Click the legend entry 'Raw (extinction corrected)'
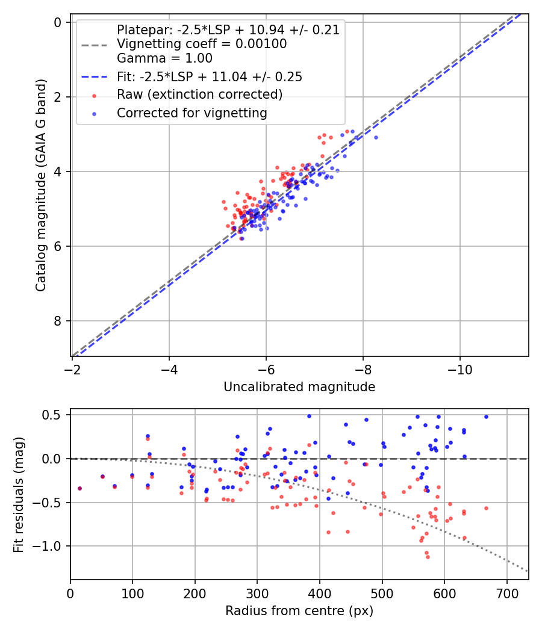pos(199,94)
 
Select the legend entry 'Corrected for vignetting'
pos(192,113)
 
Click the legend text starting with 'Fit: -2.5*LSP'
pos(209,76)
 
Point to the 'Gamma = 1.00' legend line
pos(164,58)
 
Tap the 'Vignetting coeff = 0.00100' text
pos(202,44)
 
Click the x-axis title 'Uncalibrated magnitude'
pos(299,387)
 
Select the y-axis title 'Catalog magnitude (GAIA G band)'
pos(41,188)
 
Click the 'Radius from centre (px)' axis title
pos(299,611)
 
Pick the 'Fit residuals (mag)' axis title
pos(19,494)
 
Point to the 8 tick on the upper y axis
pos(58,321)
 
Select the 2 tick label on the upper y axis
pos(58,97)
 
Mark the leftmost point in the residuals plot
pos(79,488)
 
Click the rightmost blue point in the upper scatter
pos(376,137)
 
